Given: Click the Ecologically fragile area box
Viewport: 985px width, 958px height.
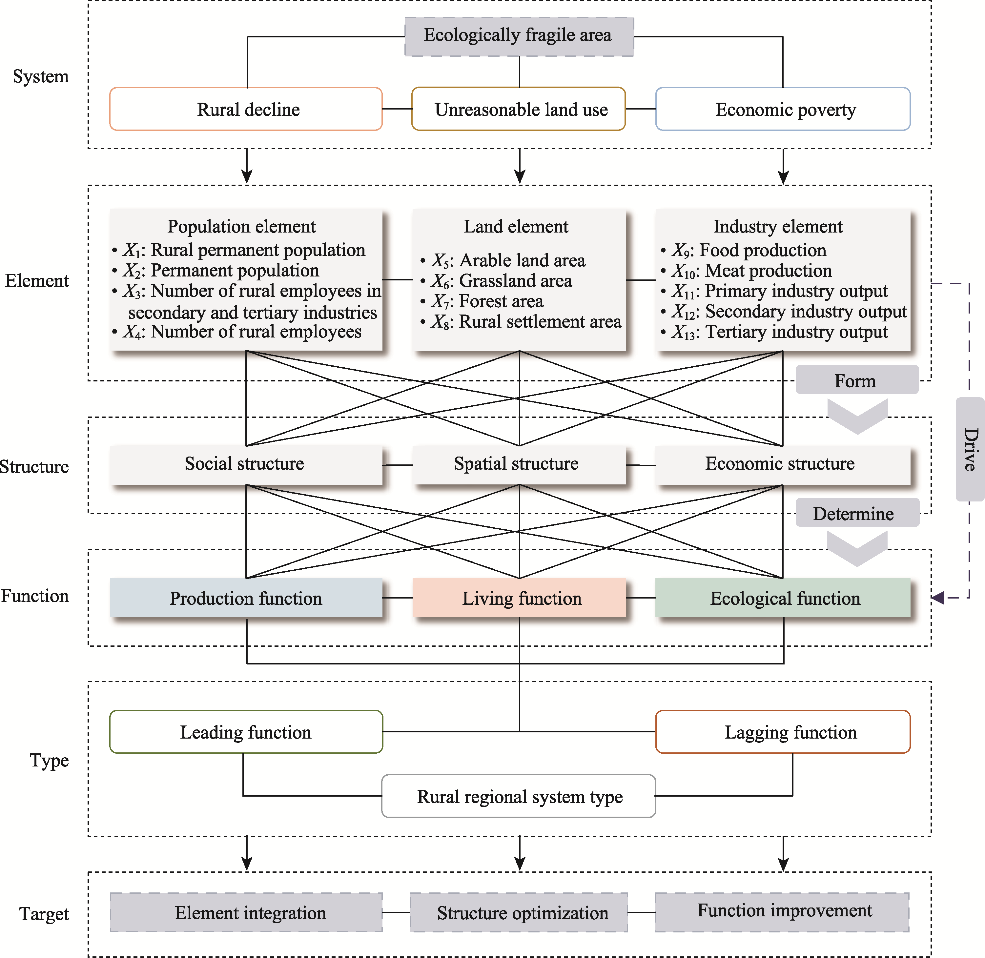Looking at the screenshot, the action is pos(519,36).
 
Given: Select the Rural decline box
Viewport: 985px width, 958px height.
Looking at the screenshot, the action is pos(246,109).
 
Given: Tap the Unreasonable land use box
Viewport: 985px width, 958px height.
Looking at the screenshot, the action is pos(519,109).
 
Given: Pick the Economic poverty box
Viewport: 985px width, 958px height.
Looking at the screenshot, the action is pos(783,109).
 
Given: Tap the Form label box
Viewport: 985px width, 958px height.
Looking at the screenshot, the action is pos(857,380).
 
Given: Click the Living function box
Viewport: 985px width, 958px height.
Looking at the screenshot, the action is pos(519,598).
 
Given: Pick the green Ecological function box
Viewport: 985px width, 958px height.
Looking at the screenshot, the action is pos(783,598).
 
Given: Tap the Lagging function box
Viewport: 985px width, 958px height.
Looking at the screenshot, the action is pos(783,732).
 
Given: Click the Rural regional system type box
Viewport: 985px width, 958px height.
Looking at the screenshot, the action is pos(519,796).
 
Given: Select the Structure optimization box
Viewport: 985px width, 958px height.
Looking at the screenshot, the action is pos(519,912).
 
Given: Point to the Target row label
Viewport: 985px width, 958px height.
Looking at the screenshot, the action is pos(44,914).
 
